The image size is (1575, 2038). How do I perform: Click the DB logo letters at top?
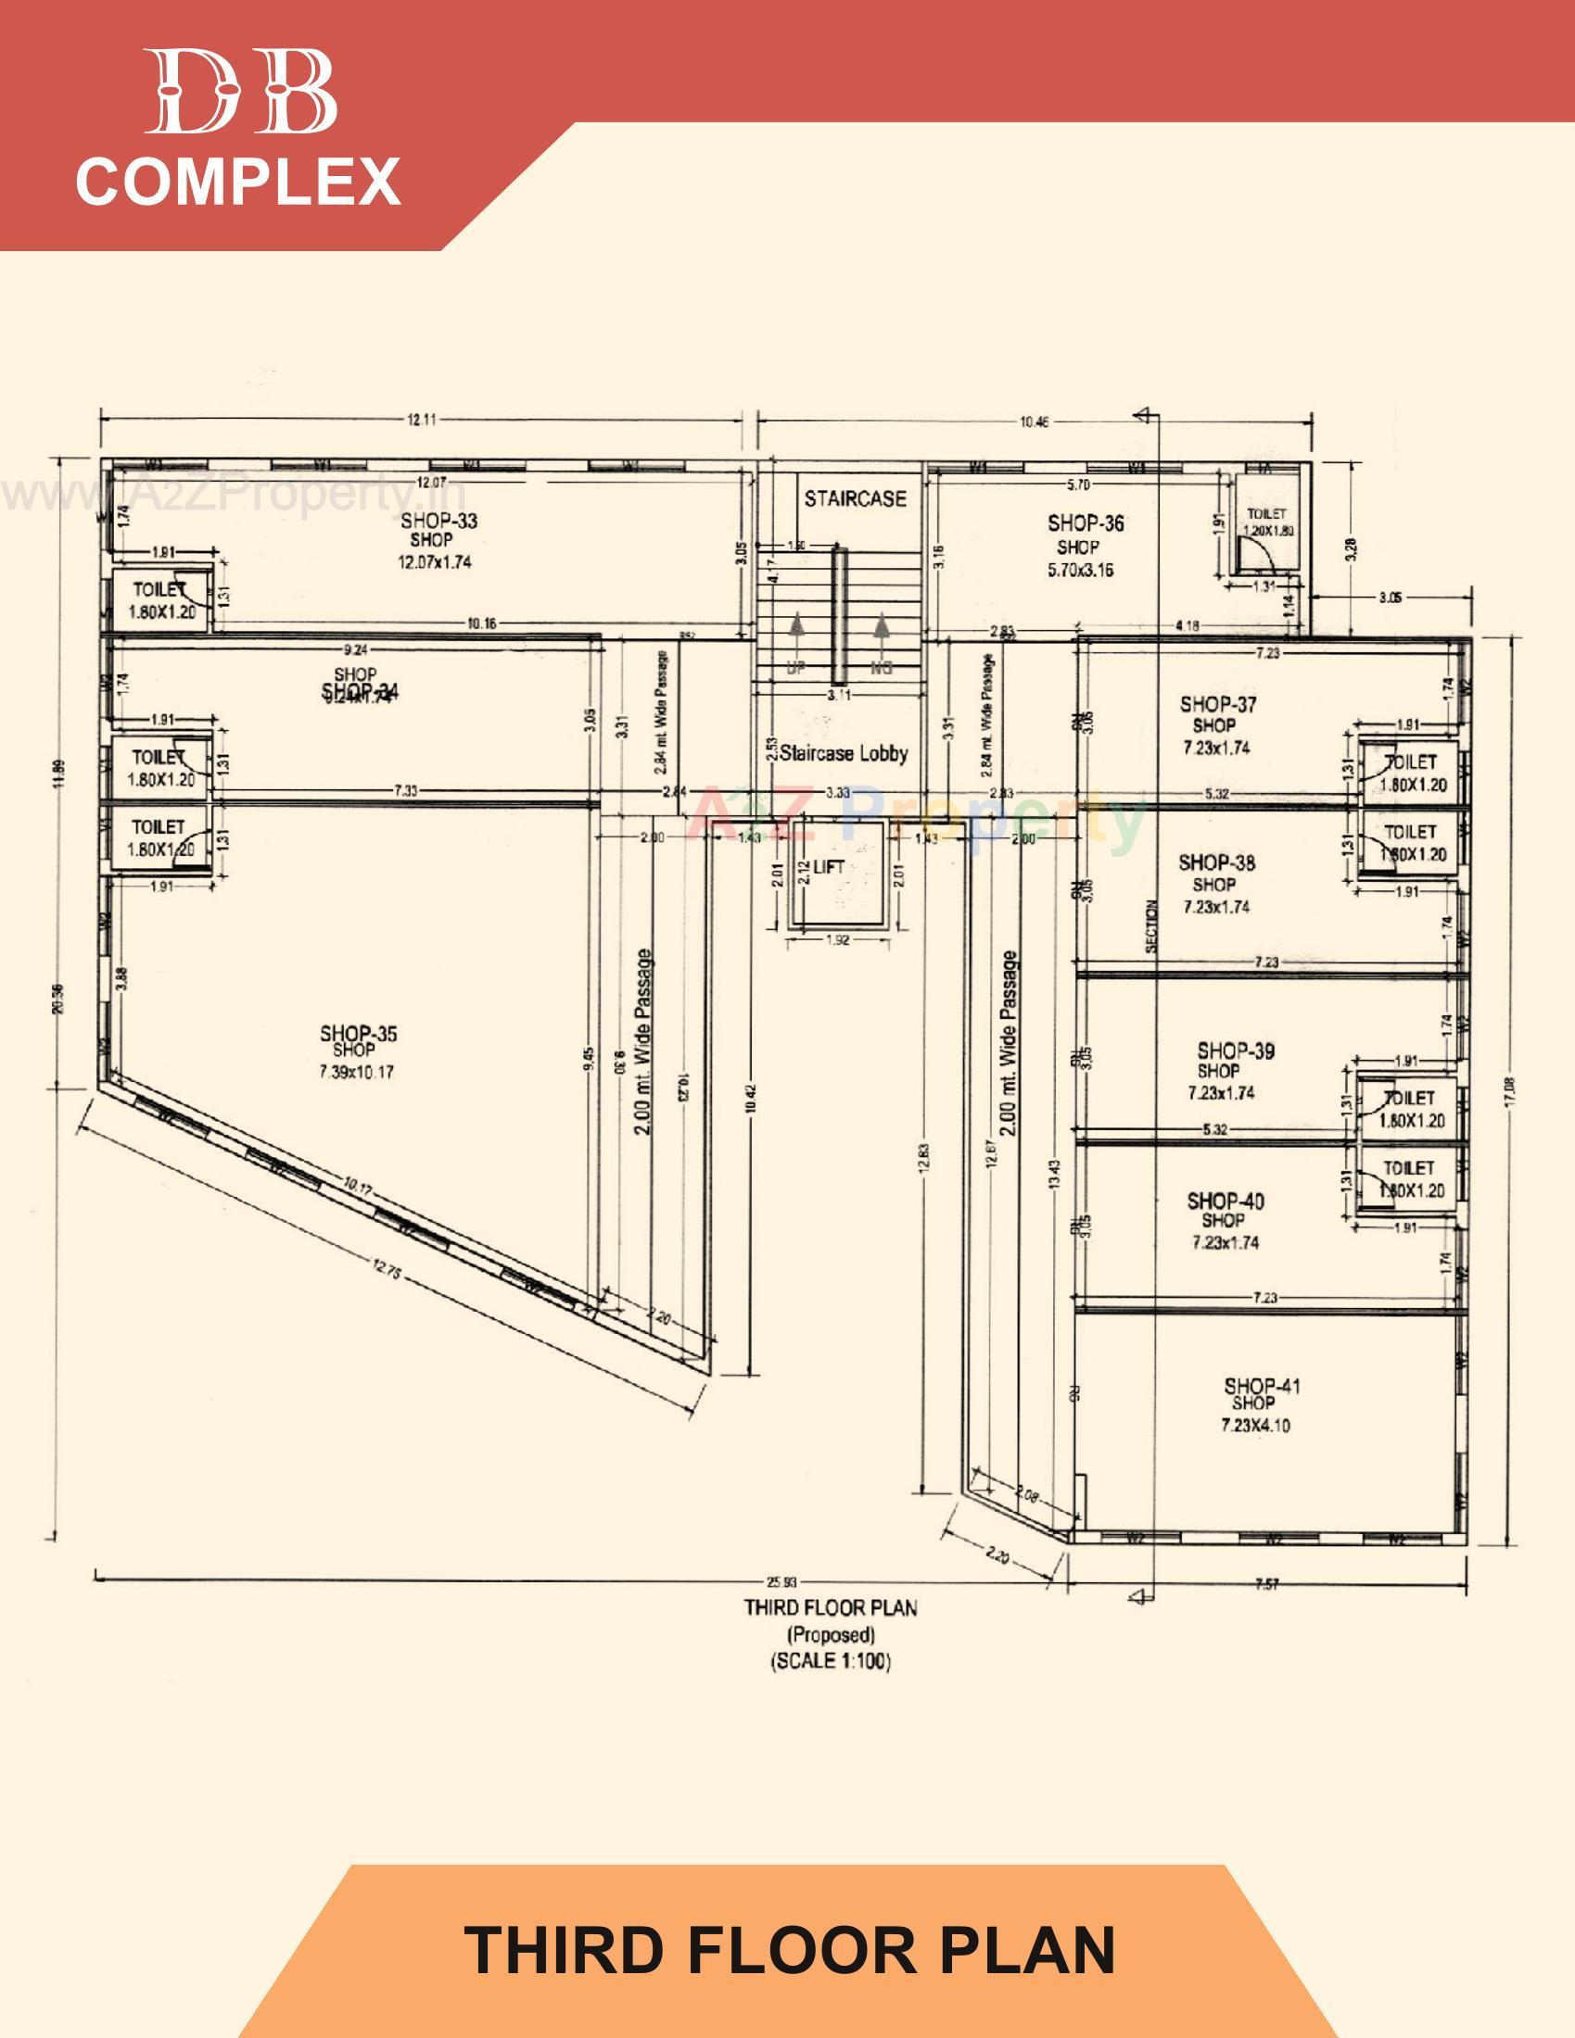pyautogui.click(x=240, y=92)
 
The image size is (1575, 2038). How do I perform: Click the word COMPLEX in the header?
pyautogui.click(x=238, y=181)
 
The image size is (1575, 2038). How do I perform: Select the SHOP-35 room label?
pyautogui.click(x=359, y=1034)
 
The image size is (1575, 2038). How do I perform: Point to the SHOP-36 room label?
pyautogui.click(x=1085, y=523)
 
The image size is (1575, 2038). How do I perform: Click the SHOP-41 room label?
pyautogui.click(x=1262, y=1387)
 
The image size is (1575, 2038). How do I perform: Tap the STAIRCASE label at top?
pyautogui.click(x=856, y=499)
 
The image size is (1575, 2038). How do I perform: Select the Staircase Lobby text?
pyautogui.click(x=843, y=753)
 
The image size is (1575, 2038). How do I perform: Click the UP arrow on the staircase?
pyautogui.click(x=797, y=635)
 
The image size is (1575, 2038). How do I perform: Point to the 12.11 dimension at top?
pyautogui.click(x=422, y=419)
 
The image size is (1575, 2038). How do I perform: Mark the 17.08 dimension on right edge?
pyautogui.click(x=1512, y=1088)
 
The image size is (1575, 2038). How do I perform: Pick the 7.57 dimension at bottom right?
pyautogui.click(x=1266, y=1584)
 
